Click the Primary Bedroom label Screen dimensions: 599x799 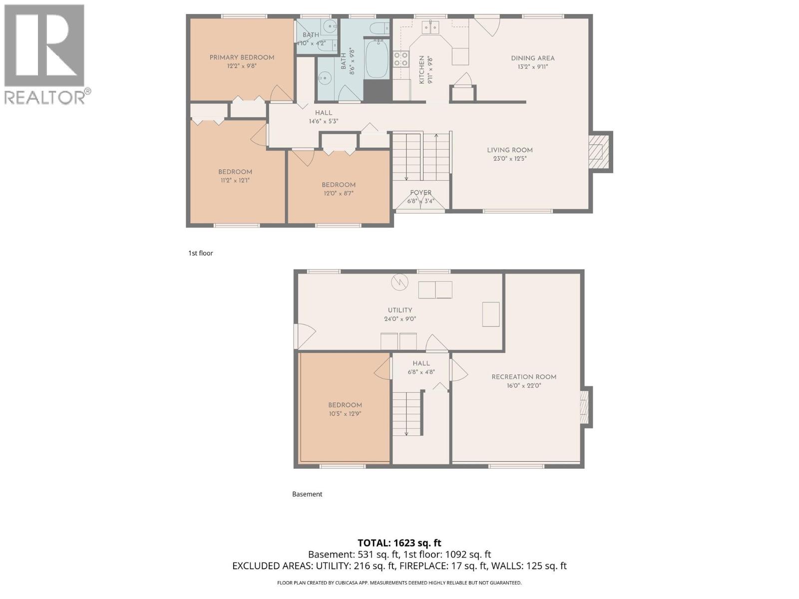click(242, 57)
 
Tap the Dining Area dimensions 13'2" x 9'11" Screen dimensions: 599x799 click(533, 66)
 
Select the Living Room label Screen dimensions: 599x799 click(510, 150)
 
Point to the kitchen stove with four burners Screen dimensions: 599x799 click(400, 59)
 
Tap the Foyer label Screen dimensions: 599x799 click(420, 193)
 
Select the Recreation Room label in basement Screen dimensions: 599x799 click(524, 377)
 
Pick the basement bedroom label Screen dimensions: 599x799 click(345, 405)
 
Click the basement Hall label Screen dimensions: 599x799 click(421, 363)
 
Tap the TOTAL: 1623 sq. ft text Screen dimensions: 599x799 click(399, 543)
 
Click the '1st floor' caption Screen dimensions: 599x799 click(200, 253)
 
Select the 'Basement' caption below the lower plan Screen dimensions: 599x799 click(307, 494)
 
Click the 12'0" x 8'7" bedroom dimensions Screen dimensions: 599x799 click(338, 193)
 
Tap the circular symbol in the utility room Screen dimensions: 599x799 click(399, 283)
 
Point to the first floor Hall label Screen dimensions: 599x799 click(324, 113)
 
